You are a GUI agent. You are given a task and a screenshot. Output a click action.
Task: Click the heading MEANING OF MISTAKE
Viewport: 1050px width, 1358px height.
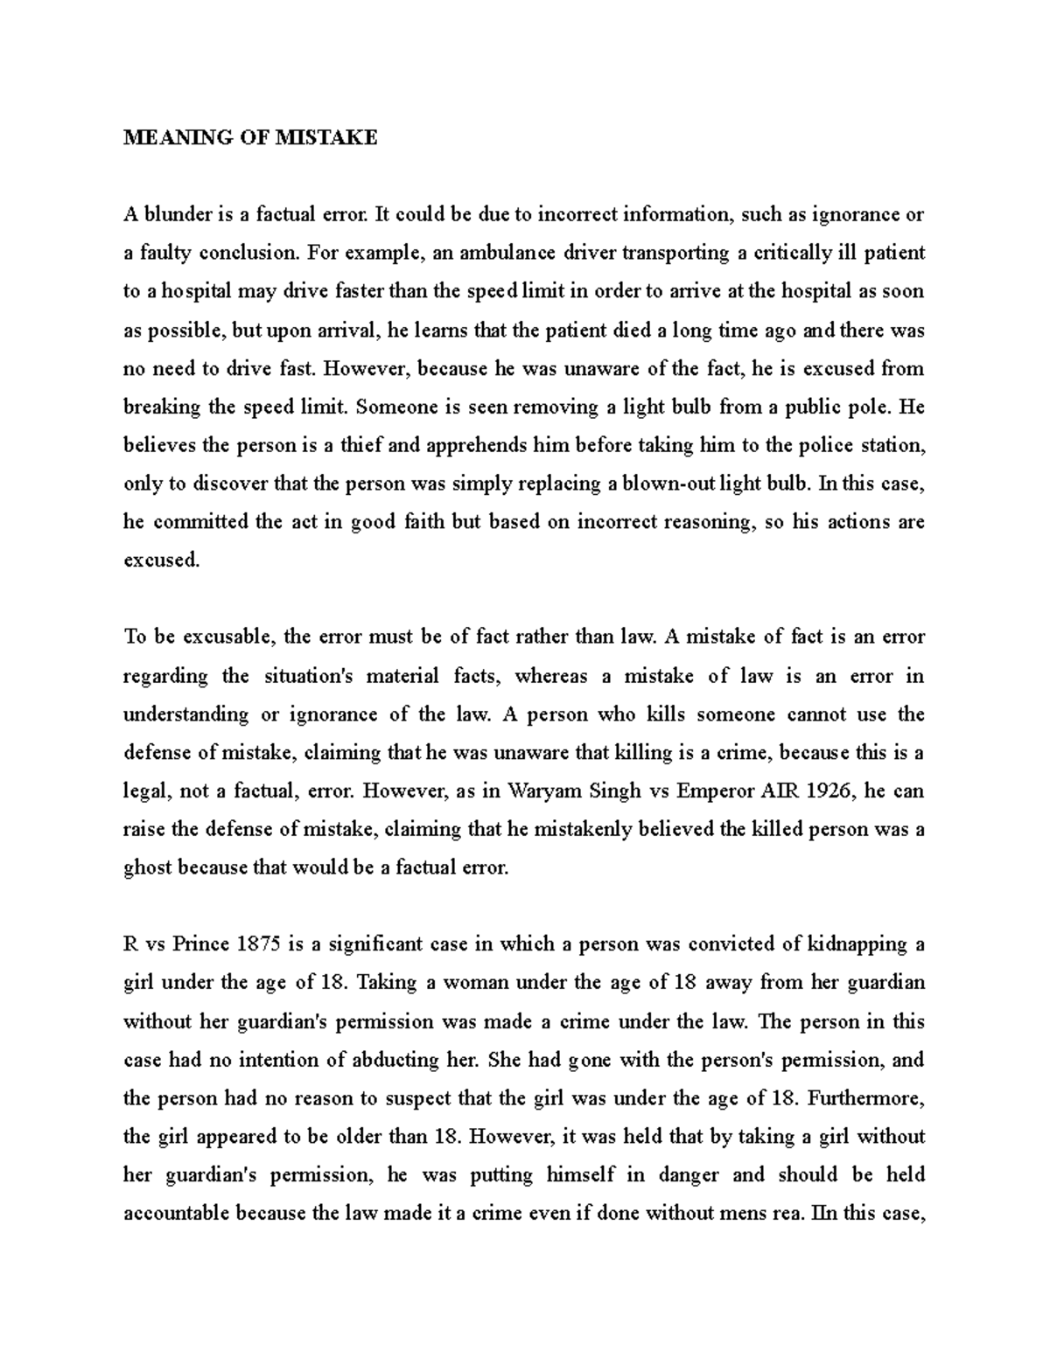coord(250,137)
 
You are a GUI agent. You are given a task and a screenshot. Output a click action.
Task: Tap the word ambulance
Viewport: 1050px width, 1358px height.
coord(507,253)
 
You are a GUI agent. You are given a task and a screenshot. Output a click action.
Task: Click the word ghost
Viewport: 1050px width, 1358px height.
coord(149,868)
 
